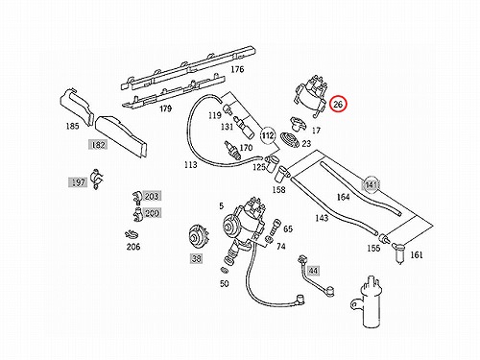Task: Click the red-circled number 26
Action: click(338, 104)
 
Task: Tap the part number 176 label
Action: click(237, 69)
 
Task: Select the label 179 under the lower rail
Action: click(165, 108)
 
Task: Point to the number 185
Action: click(72, 126)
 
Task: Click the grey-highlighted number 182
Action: click(98, 145)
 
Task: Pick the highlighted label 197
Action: click(78, 182)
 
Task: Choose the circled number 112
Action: click(268, 135)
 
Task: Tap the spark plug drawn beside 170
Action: click(232, 150)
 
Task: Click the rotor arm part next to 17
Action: click(298, 124)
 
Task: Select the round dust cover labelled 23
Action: click(290, 140)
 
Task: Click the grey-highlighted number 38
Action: click(196, 258)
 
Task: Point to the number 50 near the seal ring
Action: click(225, 283)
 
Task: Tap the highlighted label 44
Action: click(313, 271)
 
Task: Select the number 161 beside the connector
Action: click(417, 255)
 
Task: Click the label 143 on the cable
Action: click(322, 218)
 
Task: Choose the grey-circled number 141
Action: click(371, 185)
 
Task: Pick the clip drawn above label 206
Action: click(132, 234)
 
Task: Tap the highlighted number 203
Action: click(152, 196)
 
